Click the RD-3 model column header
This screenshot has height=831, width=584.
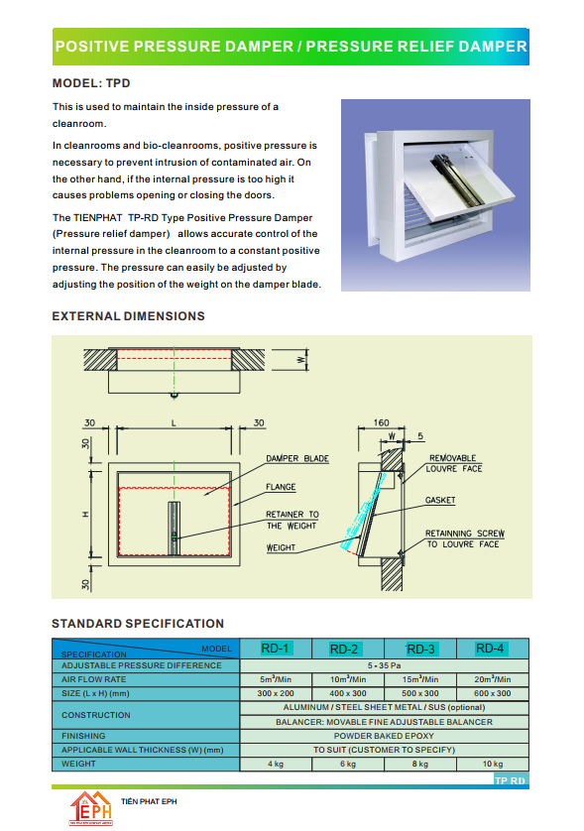[x=420, y=649]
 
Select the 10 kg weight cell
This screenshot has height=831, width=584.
[x=493, y=764]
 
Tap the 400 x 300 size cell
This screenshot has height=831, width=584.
[x=348, y=693]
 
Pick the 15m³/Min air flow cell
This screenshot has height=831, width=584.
[x=420, y=679]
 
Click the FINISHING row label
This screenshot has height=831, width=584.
[x=83, y=736]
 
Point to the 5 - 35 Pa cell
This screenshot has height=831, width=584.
[x=385, y=665]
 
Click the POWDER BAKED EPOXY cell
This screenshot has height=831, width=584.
[x=384, y=736]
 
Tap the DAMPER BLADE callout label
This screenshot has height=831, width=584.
[x=297, y=458]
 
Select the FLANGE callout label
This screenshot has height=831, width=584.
[x=281, y=487]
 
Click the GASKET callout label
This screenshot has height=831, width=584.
[x=440, y=500]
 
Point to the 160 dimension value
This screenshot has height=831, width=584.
[x=381, y=422]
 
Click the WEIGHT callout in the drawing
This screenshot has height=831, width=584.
[x=281, y=547]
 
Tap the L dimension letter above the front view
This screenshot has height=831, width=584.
[x=174, y=422]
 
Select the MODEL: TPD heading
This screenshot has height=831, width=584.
[x=91, y=83]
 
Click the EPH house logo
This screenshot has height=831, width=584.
[x=91, y=808]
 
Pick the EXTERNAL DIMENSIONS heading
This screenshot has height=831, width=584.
[x=128, y=316]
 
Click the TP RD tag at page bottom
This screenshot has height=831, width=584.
[x=510, y=780]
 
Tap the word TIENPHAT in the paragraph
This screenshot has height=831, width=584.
[x=98, y=217]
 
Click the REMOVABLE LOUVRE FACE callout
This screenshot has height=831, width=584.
[x=454, y=463]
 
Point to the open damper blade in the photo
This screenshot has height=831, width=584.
[x=459, y=181]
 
